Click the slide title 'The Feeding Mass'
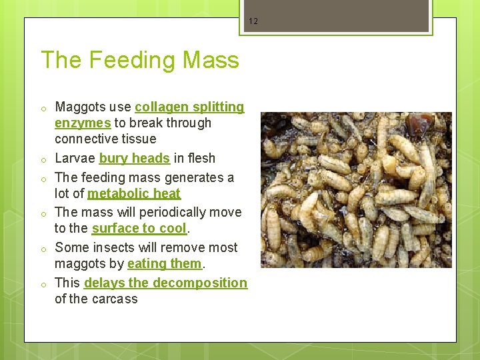pyautogui.click(x=140, y=60)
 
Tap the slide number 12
pyautogui.click(x=253, y=21)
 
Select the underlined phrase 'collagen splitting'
pyautogui.click(x=189, y=107)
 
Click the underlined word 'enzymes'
pyautogui.click(x=83, y=123)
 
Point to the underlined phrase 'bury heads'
pyautogui.click(x=134, y=158)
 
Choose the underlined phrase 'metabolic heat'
pyautogui.click(x=134, y=193)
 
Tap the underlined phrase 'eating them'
pyautogui.click(x=164, y=263)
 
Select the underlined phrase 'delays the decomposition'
pyautogui.click(x=165, y=283)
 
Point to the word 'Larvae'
pyautogui.click(x=75, y=158)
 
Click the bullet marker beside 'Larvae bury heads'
pyautogui.click(x=42, y=159)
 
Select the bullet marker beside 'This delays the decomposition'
pyautogui.click(x=42, y=284)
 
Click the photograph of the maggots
pyautogui.click(x=356, y=190)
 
